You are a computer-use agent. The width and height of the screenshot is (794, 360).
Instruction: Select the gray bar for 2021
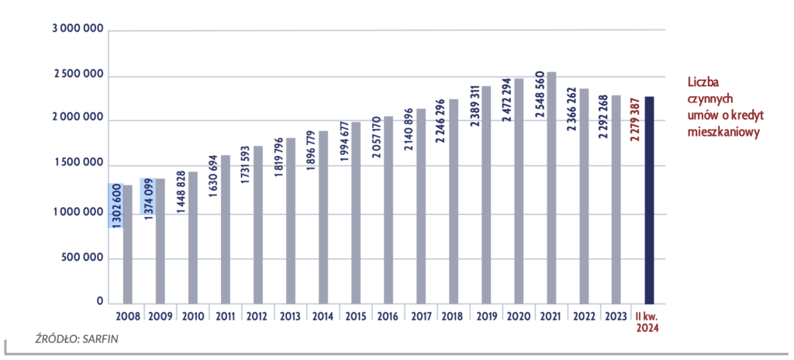coord(551,188)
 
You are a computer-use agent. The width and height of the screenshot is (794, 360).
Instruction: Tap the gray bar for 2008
coord(128,244)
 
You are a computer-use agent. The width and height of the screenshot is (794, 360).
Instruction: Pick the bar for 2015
coord(356,213)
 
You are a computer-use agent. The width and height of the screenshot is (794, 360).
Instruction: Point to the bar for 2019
coord(486,195)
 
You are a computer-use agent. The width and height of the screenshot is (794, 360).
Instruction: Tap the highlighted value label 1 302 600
coord(116,206)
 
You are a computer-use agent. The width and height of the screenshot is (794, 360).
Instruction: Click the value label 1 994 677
coord(343,141)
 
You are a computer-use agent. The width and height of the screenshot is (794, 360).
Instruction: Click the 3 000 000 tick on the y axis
coord(78,29)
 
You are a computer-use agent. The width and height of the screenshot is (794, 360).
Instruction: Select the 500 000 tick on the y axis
coord(85,258)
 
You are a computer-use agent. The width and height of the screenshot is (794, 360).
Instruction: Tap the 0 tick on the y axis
coord(100,302)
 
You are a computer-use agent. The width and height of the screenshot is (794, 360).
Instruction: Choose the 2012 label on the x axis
coord(257,317)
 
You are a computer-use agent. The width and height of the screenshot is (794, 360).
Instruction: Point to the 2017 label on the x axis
coord(421,317)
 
